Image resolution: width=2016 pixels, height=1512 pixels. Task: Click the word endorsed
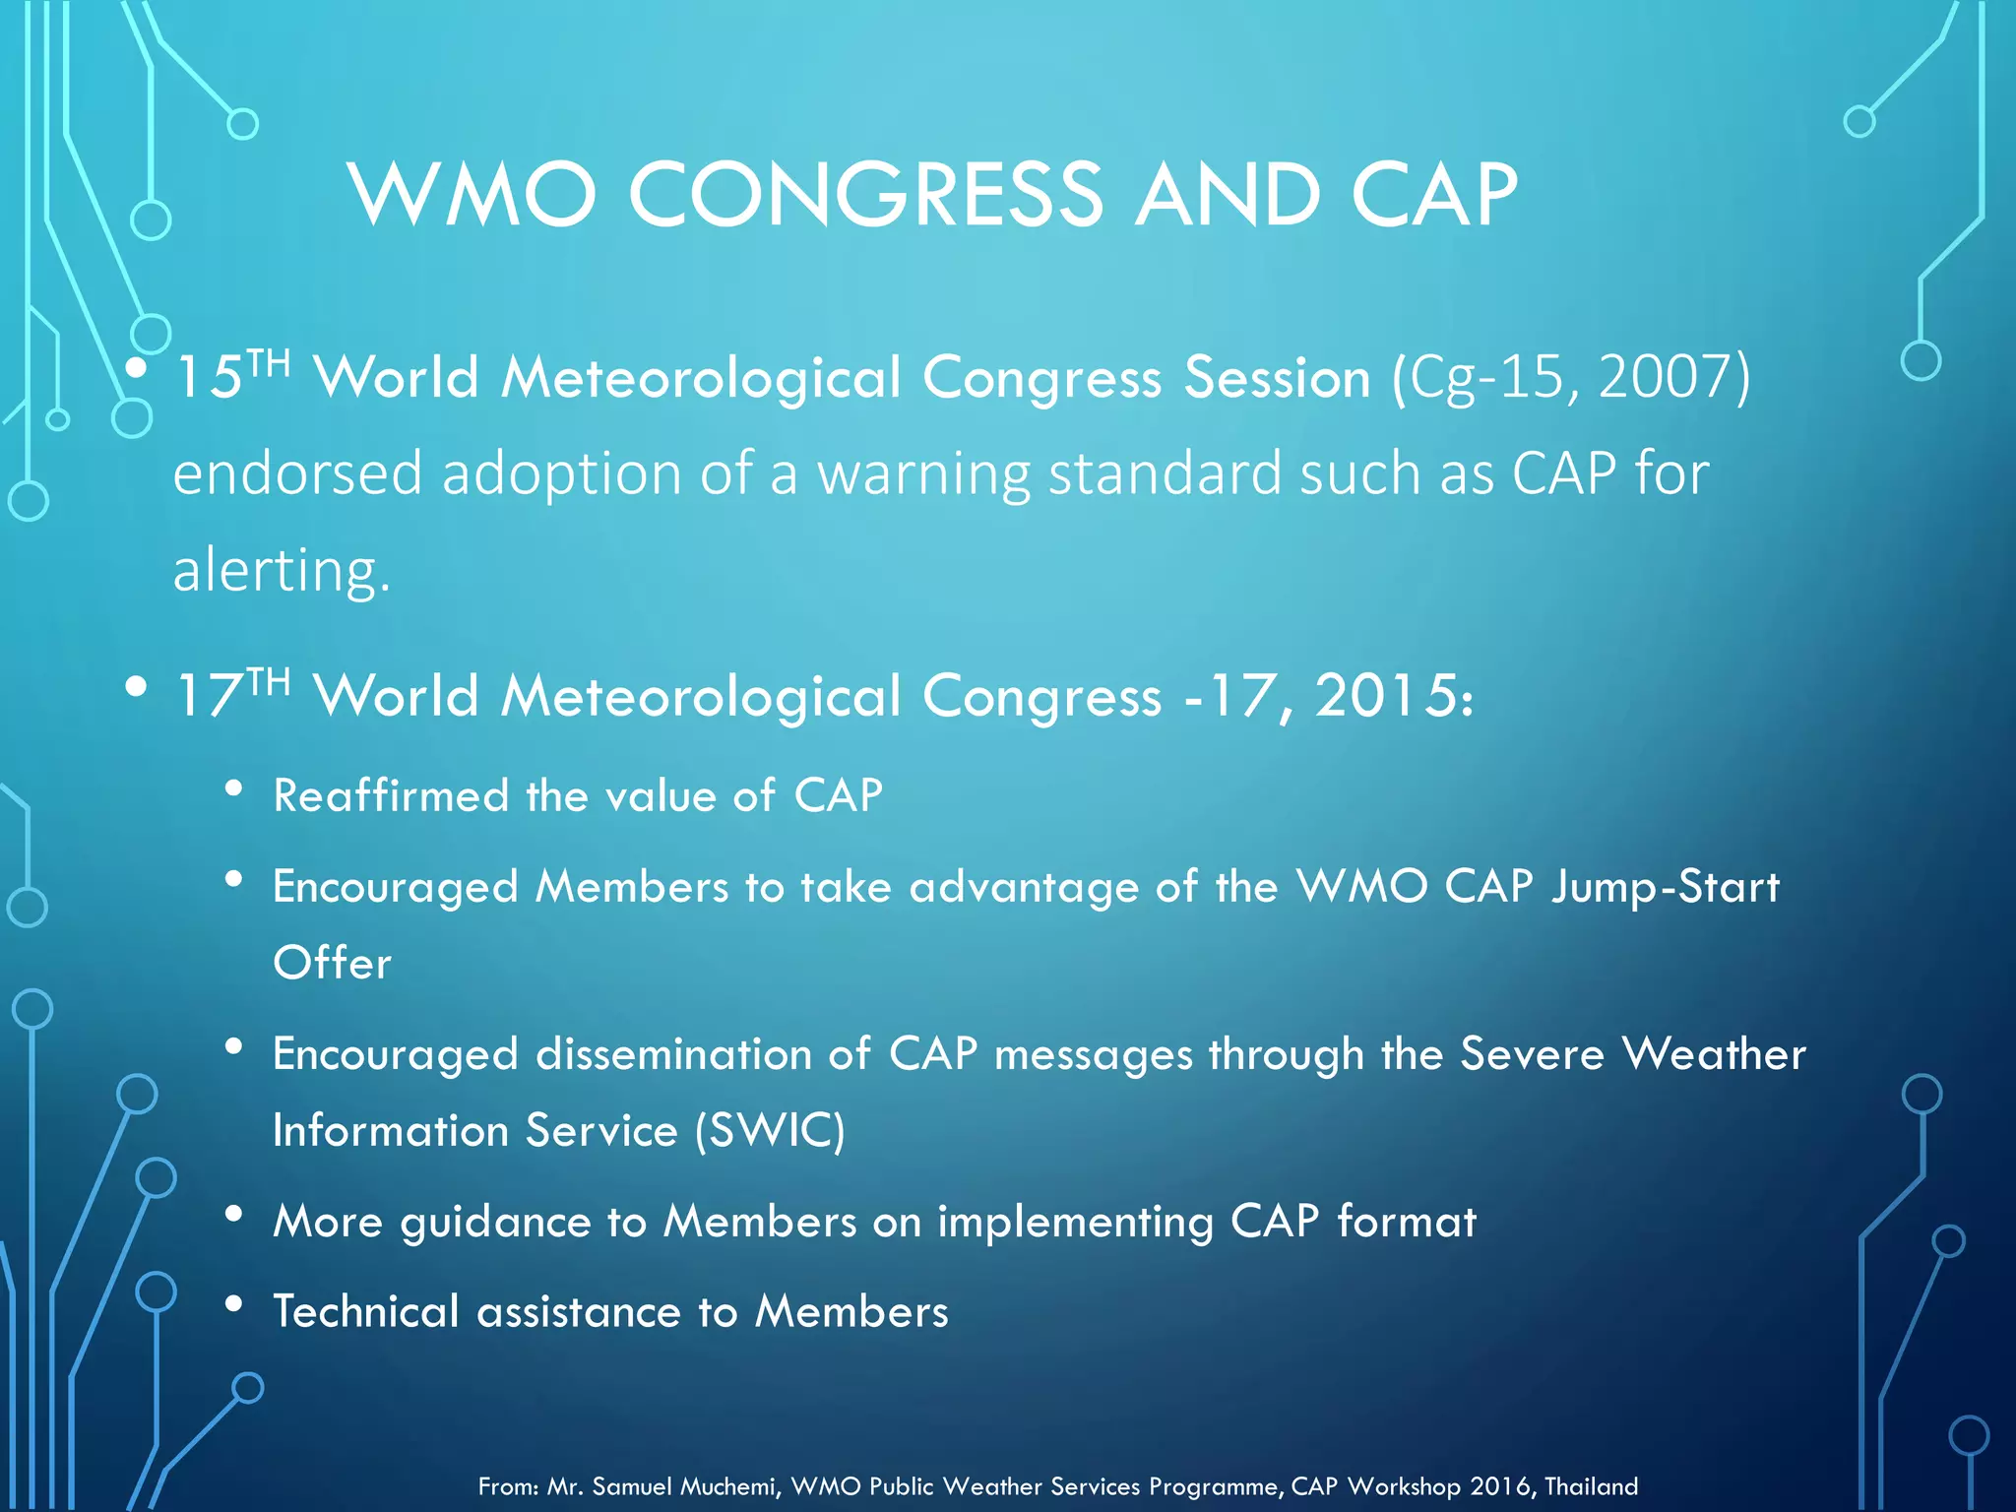(x=297, y=473)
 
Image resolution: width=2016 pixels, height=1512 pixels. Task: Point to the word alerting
(x=282, y=571)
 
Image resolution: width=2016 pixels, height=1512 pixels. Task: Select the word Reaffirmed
(x=391, y=795)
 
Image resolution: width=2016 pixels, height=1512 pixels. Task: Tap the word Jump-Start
(x=1665, y=887)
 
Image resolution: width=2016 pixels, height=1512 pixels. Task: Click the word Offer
(x=332, y=963)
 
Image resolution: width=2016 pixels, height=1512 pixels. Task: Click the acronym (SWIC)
(x=770, y=1130)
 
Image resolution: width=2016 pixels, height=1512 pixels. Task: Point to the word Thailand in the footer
(x=1591, y=1486)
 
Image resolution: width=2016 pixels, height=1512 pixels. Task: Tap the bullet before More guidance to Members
(x=233, y=1214)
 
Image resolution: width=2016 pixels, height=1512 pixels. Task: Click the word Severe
(x=1532, y=1054)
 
